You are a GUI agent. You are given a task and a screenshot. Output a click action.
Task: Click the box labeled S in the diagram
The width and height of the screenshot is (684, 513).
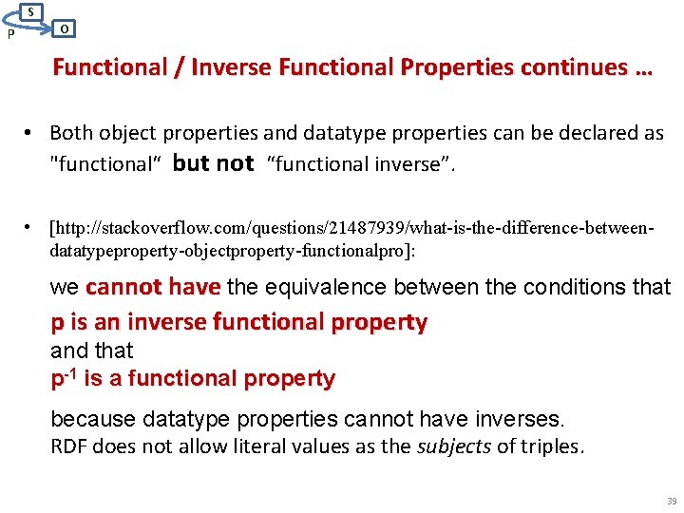(x=31, y=11)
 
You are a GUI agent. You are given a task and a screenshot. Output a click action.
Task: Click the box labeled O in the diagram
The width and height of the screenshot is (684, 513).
(x=63, y=28)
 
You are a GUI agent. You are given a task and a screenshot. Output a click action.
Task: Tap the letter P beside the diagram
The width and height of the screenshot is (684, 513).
(x=9, y=35)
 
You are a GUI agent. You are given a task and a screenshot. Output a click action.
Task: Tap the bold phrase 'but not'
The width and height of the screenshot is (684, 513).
(x=214, y=163)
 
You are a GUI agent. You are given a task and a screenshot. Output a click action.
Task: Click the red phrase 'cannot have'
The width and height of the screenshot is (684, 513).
(x=153, y=287)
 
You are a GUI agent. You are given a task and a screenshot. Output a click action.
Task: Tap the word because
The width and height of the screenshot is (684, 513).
(x=92, y=419)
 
